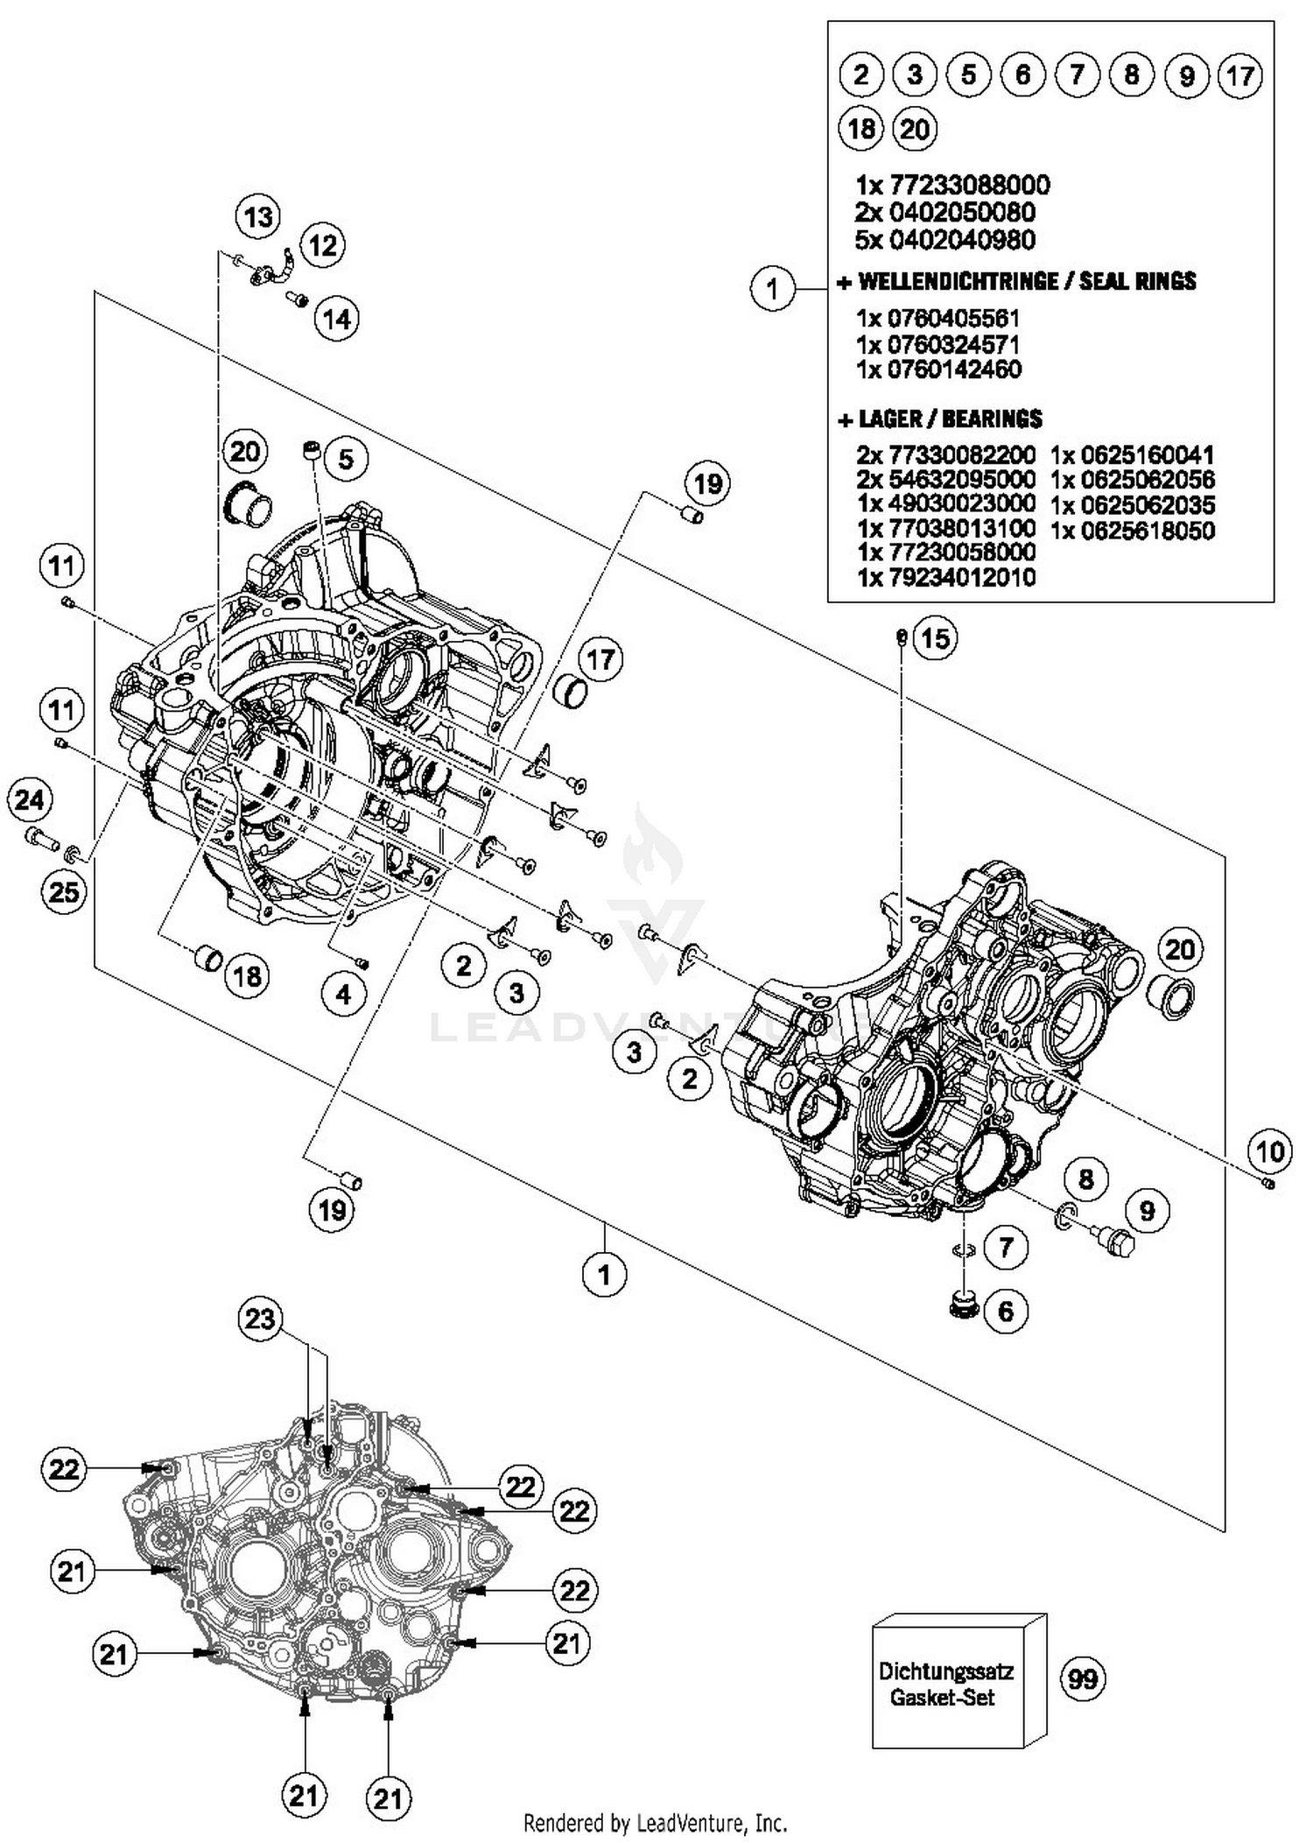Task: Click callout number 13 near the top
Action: (x=258, y=216)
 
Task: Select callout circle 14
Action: (x=337, y=319)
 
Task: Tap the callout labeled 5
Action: (x=346, y=458)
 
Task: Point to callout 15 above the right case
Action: (x=935, y=638)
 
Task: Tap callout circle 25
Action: (x=64, y=892)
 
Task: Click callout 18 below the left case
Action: (x=248, y=975)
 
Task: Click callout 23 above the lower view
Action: (x=260, y=1319)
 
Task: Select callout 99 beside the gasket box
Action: (x=1083, y=1679)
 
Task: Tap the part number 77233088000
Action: (x=969, y=185)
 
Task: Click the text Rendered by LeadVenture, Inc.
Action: (x=655, y=1823)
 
